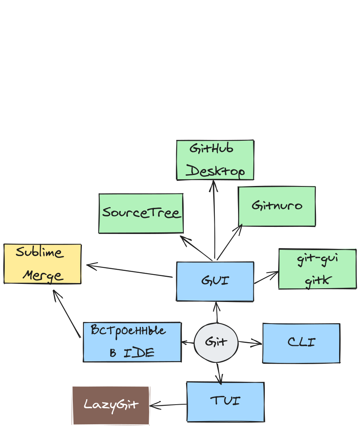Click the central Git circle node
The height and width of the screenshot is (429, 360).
click(x=216, y=342)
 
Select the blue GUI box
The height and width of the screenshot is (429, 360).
click(x=215, y=282)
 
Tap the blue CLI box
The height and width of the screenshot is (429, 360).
click(x=301, y=343)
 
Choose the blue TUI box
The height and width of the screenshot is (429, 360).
click(x=225, y=401)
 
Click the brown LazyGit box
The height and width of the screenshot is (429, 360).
click(x=111, y=405)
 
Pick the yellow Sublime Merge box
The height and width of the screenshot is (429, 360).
click(x=42, y=264)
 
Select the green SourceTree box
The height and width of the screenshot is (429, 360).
click(x=141, y=213)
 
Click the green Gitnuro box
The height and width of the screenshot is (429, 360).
click(x=277, y=206)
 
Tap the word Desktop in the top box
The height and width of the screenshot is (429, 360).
click(x=215, y=171)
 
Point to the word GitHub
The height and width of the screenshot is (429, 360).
click(x=211, y=149)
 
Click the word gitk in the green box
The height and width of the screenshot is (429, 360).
click(x=318, y=281)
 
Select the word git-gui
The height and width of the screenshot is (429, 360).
click(x=317, y=260)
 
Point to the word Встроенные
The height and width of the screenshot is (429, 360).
click(x=128, y=330)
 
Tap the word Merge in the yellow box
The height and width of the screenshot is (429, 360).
click(x=42, y=275)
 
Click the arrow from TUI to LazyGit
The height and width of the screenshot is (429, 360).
click(x=168, y=405)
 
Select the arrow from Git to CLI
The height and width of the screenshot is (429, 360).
click(x=250, y=343)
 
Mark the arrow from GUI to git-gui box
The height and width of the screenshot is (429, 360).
click(x=266, y=277)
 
